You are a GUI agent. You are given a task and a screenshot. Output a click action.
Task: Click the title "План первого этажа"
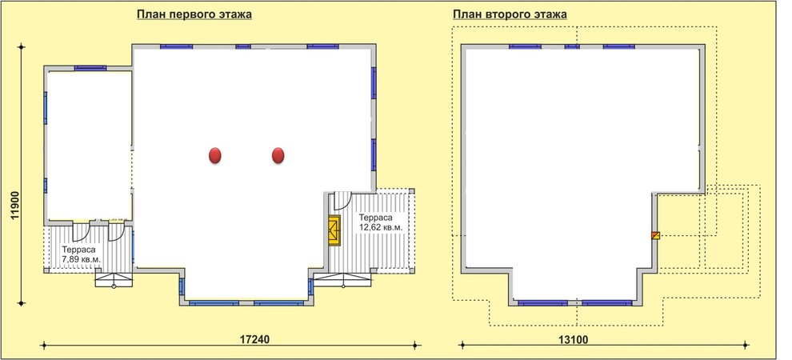point(194,14)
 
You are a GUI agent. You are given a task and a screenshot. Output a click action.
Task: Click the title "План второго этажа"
point(510,14)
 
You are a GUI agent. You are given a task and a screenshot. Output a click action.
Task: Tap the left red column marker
point(215,155)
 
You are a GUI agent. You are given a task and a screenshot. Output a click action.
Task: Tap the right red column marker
point(278,155)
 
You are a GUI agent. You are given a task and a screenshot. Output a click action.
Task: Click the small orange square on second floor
point(654,235)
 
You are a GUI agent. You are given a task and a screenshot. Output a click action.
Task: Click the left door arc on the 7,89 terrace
point(81,231)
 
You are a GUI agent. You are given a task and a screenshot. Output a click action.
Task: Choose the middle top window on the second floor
point(572,46)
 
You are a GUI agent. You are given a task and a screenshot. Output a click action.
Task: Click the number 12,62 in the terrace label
point(370,228)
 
